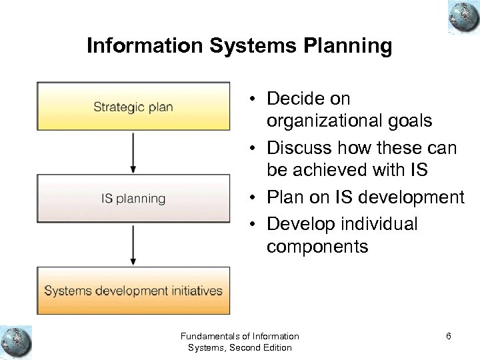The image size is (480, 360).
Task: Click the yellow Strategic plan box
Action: pyautogui.click(x=133, y=107)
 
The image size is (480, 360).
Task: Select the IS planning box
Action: pyautogui.click(x=133, y=199)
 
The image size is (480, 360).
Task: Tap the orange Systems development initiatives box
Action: pyautogui.click(x=133, y=291)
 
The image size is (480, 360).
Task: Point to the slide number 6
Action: pyautogui.click(x=449, y=337)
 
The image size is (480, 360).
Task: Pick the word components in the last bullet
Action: pyautogui.click(x=317, y=247)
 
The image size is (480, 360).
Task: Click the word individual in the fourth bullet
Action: pyautogui.click(x=379, y=223)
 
